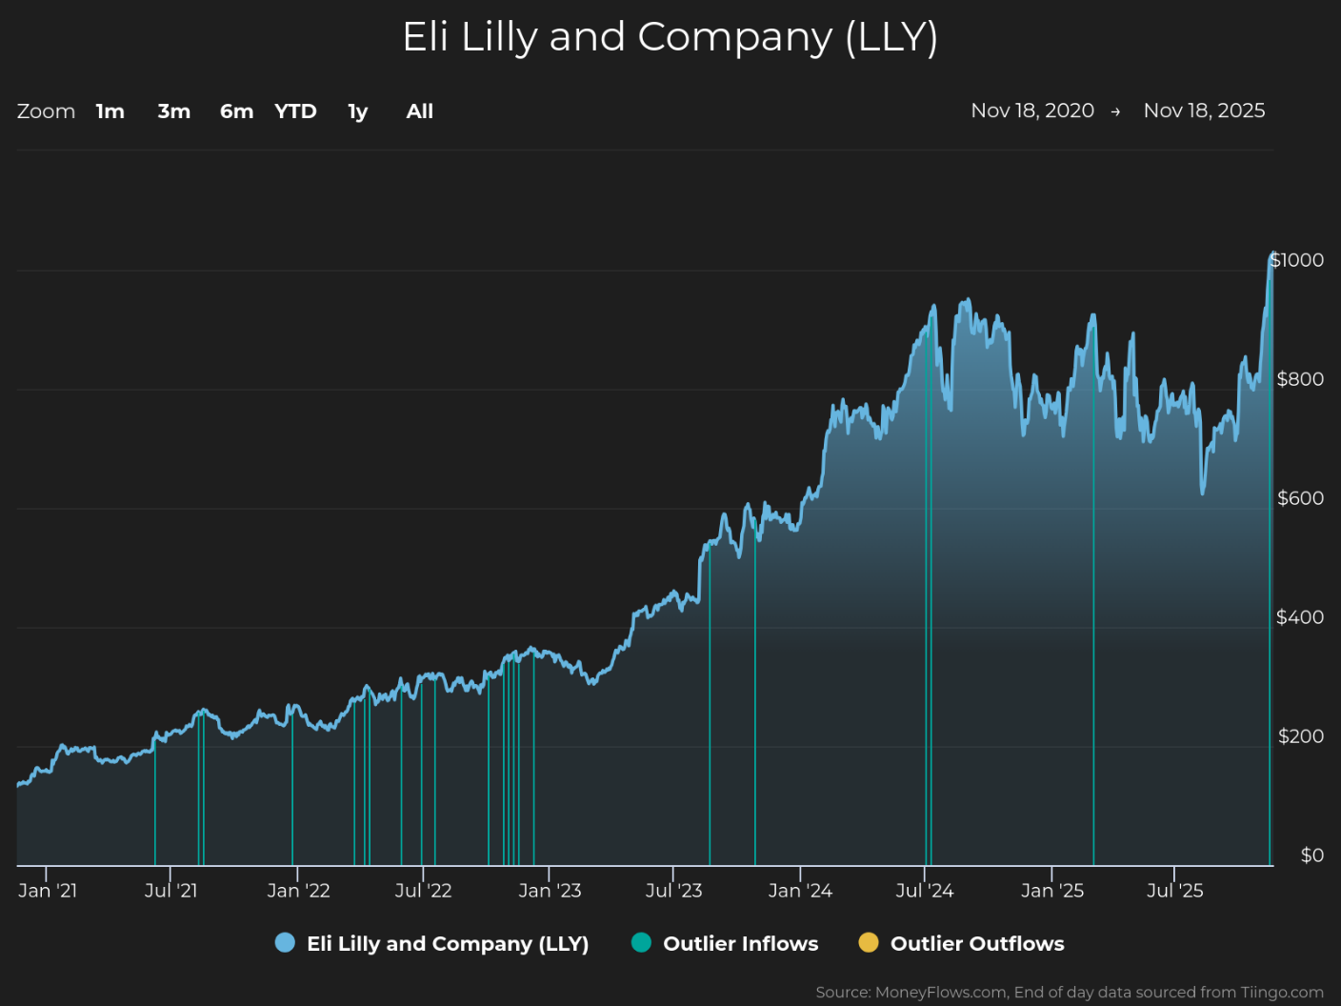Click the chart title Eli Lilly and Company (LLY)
[670, 38]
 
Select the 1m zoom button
[110, 111]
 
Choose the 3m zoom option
[174, 111]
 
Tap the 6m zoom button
[236, 111]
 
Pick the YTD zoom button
[295, 111]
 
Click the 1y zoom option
[358, 111]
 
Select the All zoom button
[420, 111]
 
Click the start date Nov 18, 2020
[1032, 111]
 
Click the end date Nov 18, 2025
[1204, 111]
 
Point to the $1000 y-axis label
[1296, 260]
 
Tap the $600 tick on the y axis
[1300, 498]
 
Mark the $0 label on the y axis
[1312, 855]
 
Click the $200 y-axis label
[1301, 736]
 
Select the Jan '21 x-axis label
[48, 891]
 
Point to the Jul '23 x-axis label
[674, 891]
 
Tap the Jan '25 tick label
[1052, 891]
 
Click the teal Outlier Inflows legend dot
[642, 942]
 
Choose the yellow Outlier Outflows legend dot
[869, 942]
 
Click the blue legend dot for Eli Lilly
[286, 942]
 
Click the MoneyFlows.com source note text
[1070, 993]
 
